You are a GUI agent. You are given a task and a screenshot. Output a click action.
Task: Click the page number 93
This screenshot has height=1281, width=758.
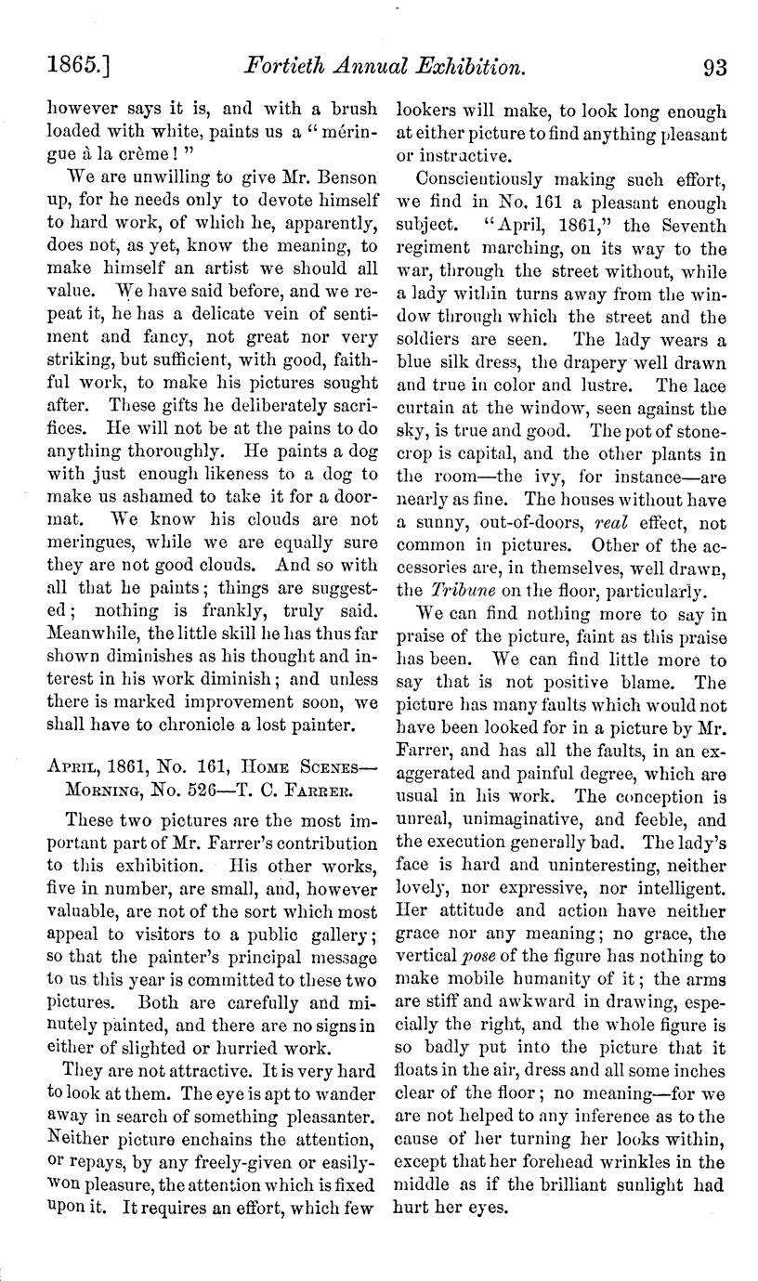coord(715,67)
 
